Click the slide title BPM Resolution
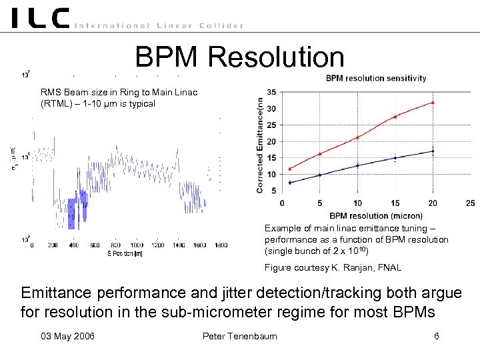239,57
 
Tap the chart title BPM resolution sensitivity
376,78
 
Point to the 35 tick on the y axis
271,92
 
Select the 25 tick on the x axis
470,203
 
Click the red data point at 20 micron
433,103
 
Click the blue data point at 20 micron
433,151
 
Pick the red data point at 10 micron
357,137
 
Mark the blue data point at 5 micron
319,175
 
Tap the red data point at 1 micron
289,169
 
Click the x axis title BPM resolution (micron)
375,215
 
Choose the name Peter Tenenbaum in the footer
239,336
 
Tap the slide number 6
436,336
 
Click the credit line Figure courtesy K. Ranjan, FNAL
333,267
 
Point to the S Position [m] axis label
125,253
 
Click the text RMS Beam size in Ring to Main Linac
119,92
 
